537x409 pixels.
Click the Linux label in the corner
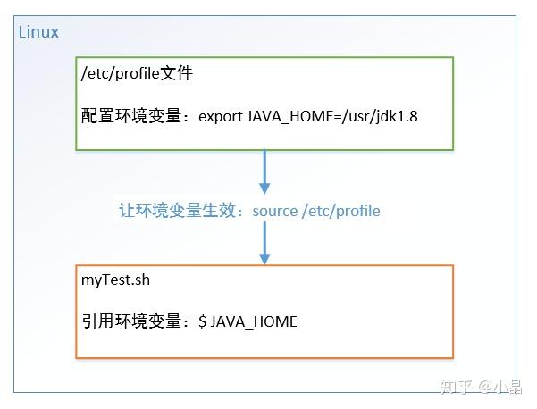[x=38, y=32]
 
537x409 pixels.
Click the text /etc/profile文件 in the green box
[x=137, y=74]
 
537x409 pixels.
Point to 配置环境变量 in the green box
[x=134, y=116]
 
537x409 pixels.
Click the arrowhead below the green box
[x=264, y=188]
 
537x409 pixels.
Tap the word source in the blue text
[x=275, y=211]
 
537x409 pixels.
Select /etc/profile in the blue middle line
[x=341, y=211]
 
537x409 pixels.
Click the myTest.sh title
[x=114, y=280]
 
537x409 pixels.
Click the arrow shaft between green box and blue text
[x=264, y=165]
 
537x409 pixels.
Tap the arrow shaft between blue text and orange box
[x=264, y=236]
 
